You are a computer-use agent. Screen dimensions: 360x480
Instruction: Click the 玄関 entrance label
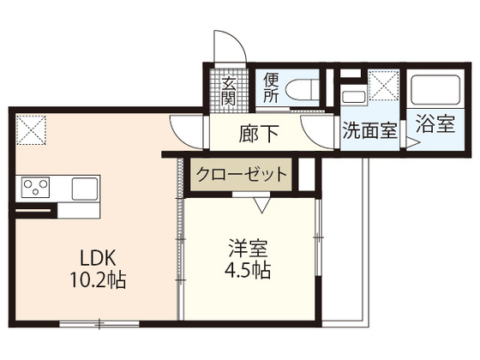pos(231,89)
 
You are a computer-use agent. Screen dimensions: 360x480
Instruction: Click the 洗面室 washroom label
pos(369,132)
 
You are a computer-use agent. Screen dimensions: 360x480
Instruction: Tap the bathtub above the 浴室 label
pos(435,90)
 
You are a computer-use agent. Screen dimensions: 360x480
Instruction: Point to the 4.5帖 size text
pos(249,272)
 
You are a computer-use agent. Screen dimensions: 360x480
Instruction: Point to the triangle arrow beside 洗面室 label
pos(412,144)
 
